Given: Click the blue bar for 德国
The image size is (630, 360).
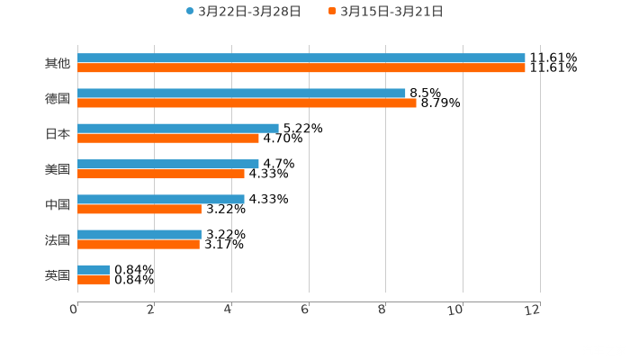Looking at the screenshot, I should (x=241, y=93).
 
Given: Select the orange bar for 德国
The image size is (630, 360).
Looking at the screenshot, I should (x=247, y=103).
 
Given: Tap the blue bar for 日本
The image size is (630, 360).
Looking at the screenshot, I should (x=178, y=128).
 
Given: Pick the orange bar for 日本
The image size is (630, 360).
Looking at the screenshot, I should (x=168, y=138).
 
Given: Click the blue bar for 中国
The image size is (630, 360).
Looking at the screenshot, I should (x=161, y=199).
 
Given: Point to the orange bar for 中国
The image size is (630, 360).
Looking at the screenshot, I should (x=139, y=209).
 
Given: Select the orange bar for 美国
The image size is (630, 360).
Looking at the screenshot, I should (x=161, y=174).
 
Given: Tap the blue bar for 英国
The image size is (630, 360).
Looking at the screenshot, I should (x=94, y=269).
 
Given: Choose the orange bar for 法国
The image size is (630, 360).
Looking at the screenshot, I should (x=139, y=244).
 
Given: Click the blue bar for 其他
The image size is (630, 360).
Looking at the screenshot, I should (x=301, y=58).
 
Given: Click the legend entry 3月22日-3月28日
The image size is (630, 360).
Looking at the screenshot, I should (x=243, y=12).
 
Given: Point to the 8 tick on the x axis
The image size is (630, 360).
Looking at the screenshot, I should (x=385, y=310).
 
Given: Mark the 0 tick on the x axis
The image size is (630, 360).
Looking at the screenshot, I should (x=75, y=310).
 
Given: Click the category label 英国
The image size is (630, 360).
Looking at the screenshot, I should (x=58, y=275).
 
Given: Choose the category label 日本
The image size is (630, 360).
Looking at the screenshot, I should (x=58, y=133).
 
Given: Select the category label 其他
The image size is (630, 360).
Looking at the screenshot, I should (x=58, y=63).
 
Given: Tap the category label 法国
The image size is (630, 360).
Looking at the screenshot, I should (x=58, y=240).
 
